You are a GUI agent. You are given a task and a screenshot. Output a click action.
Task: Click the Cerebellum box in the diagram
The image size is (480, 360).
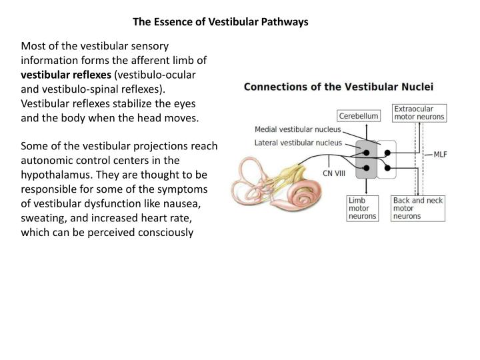359,116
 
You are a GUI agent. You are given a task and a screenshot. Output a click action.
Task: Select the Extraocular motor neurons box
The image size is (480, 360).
419,112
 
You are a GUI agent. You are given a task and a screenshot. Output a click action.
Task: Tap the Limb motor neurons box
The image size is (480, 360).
362,208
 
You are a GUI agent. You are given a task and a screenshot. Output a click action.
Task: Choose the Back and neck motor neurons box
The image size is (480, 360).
418,208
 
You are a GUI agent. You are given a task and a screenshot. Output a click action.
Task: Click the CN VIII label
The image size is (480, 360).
335,173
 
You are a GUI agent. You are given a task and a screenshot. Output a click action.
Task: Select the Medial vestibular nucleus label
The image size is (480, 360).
298,129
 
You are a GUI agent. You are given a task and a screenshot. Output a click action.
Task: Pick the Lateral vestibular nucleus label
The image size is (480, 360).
298,142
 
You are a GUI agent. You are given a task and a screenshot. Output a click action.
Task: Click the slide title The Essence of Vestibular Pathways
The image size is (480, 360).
221,22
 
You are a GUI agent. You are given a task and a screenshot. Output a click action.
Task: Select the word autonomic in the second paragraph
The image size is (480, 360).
50,160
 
